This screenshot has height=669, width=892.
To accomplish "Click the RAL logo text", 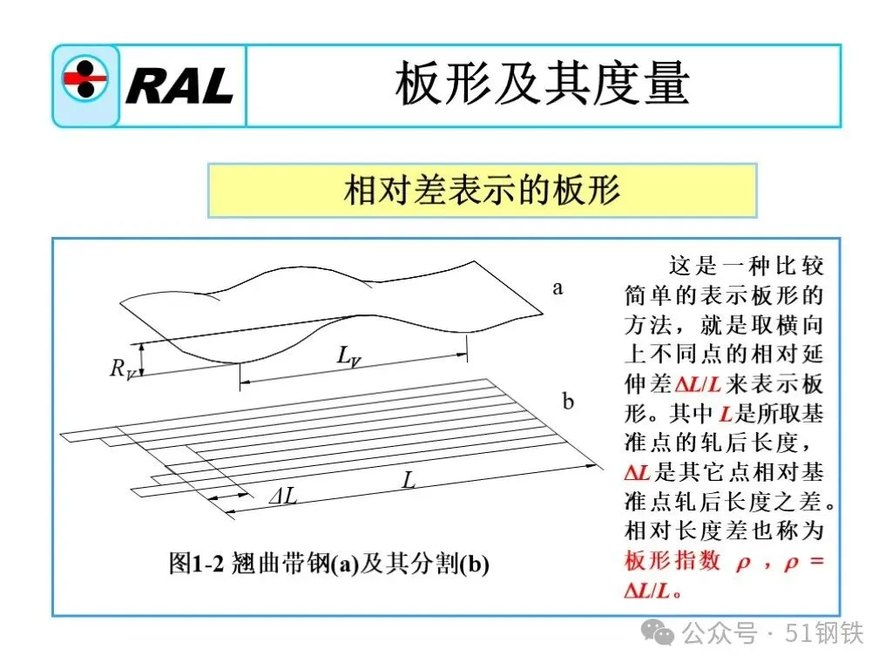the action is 179,85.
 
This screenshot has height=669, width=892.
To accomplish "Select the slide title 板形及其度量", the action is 542,84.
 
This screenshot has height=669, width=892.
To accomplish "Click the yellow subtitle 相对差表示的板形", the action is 482,189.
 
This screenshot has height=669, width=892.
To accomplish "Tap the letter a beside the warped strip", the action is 557,287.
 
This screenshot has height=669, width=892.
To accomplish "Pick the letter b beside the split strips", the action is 568,402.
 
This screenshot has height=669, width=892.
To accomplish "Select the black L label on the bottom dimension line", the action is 408,478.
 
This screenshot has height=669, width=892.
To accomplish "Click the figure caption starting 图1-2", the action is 328,564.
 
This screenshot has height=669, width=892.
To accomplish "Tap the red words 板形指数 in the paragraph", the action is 672,562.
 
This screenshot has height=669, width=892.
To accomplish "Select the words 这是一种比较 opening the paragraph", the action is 745,265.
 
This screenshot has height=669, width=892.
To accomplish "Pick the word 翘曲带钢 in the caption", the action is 280,564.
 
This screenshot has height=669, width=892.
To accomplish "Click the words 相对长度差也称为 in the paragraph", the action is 724,530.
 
